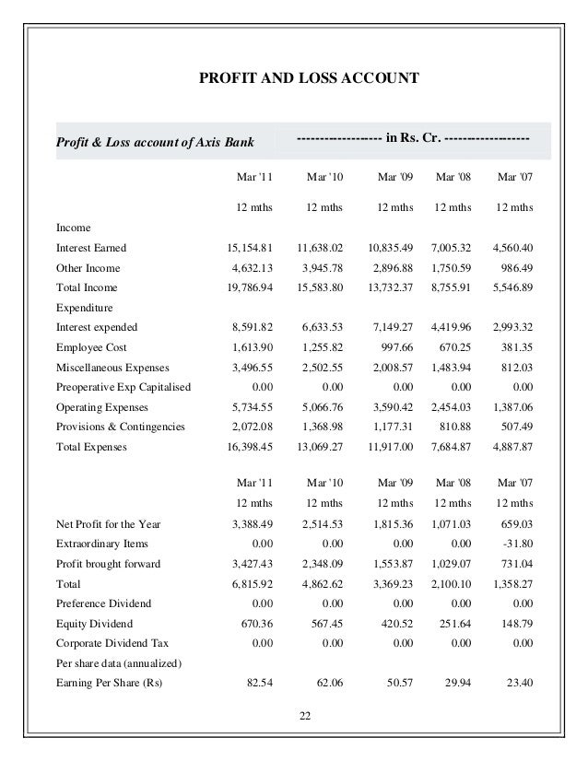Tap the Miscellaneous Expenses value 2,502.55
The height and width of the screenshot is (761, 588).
(x=319, y=367)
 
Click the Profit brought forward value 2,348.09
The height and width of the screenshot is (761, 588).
(x=319, y=565)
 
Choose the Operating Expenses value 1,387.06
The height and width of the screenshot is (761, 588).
(x=511, y=407)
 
